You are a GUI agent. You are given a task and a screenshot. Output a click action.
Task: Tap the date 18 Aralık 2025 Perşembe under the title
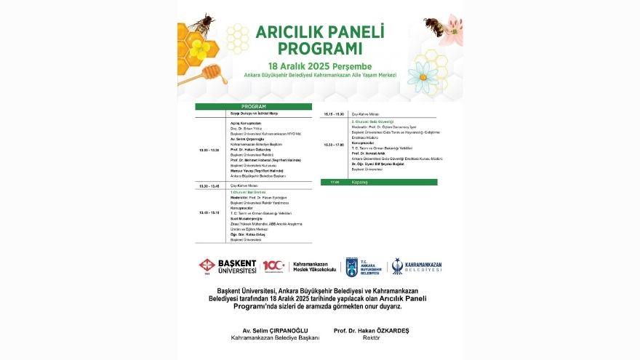(x=321, y=65)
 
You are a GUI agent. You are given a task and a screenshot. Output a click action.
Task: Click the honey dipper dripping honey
(x=209, y=71)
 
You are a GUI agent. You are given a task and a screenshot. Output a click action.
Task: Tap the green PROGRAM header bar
(x=253, y=106)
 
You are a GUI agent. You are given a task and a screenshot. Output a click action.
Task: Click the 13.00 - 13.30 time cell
(x=209, y=150)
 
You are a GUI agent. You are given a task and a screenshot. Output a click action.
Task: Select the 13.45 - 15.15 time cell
(x=209, y=212)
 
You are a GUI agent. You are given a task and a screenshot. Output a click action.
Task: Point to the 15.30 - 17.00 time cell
(x=335, y=145)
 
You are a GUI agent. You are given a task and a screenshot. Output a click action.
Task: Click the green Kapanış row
(x=379, y=182)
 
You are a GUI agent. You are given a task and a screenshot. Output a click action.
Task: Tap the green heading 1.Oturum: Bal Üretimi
(x=249, y=192)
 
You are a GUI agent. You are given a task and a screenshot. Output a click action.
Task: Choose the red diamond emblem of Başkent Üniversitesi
(x=207, y=266)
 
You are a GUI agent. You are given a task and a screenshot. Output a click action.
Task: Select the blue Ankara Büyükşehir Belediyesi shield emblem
(x=352, y=266)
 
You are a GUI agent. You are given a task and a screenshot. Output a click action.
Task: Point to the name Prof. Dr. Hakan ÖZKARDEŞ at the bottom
(x=371, y=330)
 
